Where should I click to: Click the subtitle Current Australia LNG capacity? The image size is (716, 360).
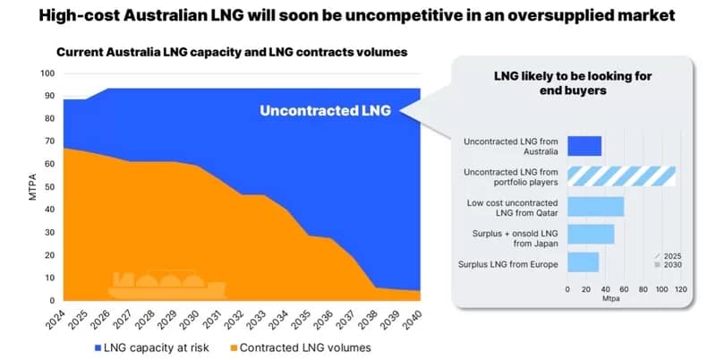click(x=232, y=52)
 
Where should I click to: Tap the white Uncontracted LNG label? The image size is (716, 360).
click(x=325, y=111)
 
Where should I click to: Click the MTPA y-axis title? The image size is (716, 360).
click(x=33, y=187)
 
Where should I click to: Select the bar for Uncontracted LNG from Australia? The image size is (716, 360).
click(x=584, y=146)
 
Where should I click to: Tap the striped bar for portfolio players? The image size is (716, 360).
click(x=621, y=176)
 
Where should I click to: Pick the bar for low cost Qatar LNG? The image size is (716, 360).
click(x=595, y=206)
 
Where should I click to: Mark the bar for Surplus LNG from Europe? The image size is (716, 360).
click(x=583, y=262)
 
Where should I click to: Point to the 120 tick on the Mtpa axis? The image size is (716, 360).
click(x=680, y=289)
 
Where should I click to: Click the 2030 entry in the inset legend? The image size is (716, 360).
click(x=670, y=265)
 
